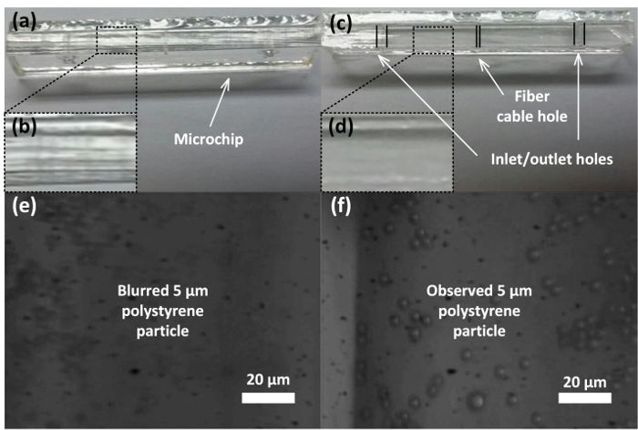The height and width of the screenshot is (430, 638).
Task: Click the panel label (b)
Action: click(x=21, y=127)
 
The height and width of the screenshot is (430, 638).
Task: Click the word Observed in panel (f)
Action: click(x=458, y=293)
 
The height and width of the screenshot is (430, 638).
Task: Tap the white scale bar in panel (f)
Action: click(x=585, y=398)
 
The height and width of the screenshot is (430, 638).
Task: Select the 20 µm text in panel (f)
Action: click(x=585, y=378)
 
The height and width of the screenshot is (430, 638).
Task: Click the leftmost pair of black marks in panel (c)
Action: click(x=381, y=36)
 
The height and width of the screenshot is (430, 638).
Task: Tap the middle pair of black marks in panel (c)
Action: click(x=478, y=36)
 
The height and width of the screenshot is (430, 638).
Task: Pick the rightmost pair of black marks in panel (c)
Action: click(x=579, y=33)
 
